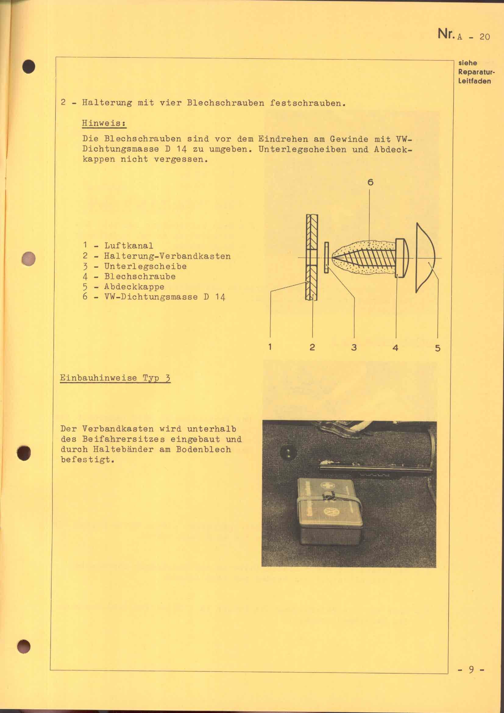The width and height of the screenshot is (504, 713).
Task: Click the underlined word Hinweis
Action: [104, 123]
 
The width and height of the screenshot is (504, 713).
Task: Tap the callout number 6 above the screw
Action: [370, 182]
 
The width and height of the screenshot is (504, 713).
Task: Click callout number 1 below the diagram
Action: [270, 347]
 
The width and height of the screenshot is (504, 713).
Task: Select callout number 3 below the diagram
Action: [354, 348]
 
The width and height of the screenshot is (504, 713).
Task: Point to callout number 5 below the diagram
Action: [438, 348]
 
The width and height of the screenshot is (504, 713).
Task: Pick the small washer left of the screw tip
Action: [326, 258]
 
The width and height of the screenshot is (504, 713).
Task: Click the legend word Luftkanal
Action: [129, 246]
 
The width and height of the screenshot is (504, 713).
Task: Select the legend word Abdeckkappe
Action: [134, 287]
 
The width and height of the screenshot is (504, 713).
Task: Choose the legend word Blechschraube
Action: [140, 276]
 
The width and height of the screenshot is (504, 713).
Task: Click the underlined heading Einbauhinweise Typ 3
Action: [115, 378]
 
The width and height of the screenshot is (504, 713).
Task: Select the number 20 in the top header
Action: [484, 37]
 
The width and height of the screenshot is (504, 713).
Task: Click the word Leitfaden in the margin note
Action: [474, 81]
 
